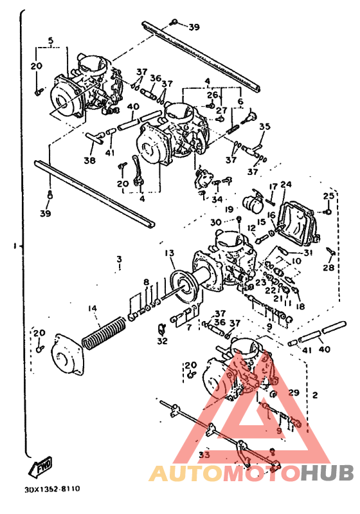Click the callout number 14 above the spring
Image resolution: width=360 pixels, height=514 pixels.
94,309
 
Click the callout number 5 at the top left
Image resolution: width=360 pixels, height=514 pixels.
51,41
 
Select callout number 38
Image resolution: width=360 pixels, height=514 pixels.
89,160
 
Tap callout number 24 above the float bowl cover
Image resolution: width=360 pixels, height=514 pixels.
285,185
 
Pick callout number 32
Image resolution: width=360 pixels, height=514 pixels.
161,341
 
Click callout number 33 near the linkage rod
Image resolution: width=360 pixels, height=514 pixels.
204,455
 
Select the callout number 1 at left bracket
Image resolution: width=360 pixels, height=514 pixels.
13,245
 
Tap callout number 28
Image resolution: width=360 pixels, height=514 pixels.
329,267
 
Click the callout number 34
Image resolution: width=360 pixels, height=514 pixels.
219,199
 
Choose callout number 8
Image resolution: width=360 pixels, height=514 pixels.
146,282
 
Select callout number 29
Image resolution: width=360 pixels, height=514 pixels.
294,392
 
